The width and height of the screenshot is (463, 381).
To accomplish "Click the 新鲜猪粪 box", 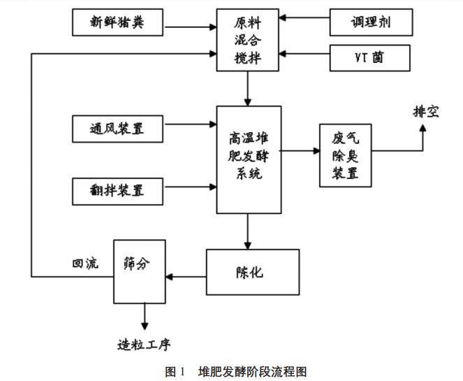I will (117, 24).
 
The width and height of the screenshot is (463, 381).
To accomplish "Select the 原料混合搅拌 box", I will (247, 40).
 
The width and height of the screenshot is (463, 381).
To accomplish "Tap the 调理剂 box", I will (370, 23).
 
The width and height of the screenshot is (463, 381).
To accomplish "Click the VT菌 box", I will (370, 58).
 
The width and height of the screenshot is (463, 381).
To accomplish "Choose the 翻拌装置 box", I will (117, 189).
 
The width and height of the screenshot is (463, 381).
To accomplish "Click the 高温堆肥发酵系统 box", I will (249, 159).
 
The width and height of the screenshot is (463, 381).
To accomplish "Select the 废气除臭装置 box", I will (346, 155).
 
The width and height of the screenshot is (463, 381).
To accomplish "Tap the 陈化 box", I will (247, 272).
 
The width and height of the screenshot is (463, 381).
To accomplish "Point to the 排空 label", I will (425, 111).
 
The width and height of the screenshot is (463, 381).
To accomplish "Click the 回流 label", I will (84, 264).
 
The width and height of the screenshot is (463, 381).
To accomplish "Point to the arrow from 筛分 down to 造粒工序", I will (145, 316).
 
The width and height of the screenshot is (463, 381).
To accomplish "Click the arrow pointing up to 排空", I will (422, 136).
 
